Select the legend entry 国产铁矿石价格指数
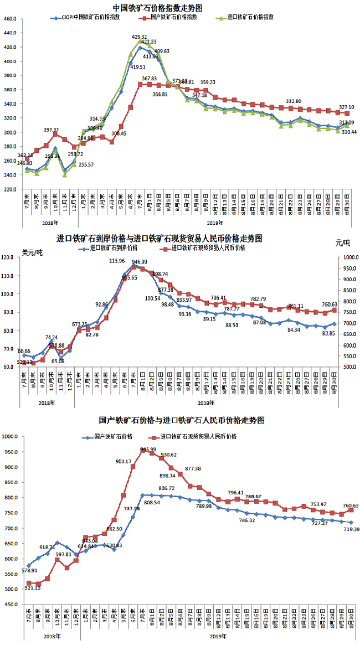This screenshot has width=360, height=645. [x=168, y=18]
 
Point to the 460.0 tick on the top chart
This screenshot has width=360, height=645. [x=11, y=19]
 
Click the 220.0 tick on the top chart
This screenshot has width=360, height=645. [x=11, y=189]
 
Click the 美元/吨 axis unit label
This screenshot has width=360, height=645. [x=32, y=252]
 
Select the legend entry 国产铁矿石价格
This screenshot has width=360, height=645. [x=113, y=437]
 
